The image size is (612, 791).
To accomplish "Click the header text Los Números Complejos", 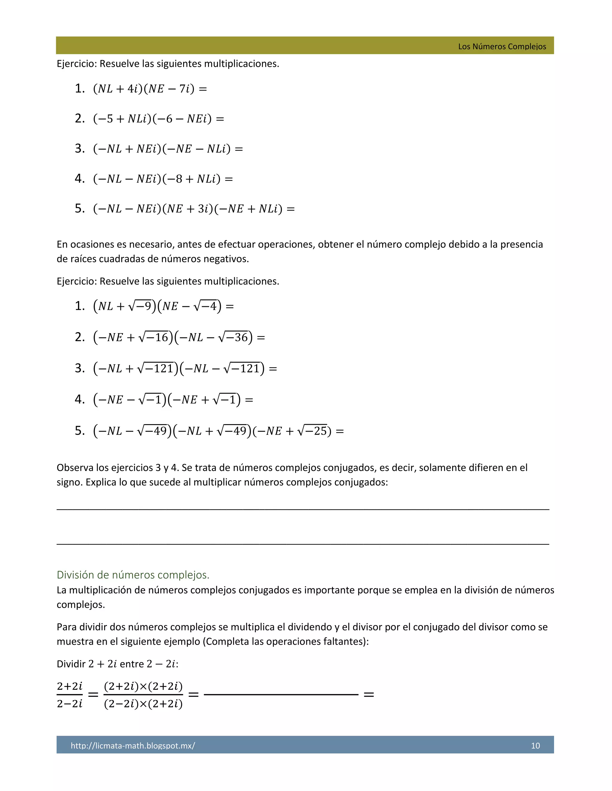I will [x=502, y=46].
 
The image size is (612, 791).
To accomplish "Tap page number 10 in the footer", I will [x=535, y=745].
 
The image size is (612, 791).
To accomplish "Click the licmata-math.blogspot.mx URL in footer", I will [x=133, y=745].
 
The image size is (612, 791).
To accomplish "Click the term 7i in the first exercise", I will [x=185, y=89].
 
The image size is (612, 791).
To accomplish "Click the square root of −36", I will [x=233, y=338].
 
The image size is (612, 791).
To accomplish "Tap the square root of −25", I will [x=312, y=431].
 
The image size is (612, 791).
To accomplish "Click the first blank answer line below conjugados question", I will [x=303, y=509].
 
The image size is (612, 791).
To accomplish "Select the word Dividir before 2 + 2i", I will [x=71, y=664].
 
